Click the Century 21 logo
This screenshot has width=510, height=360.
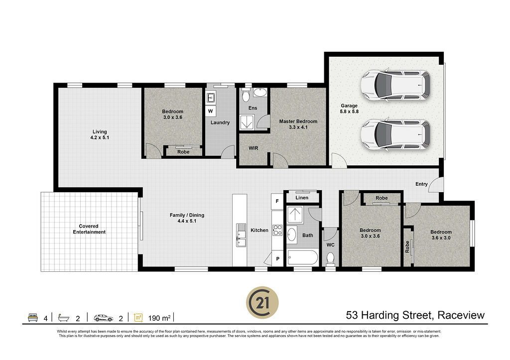(262, 303)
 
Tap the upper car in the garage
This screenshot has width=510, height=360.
(395, 85)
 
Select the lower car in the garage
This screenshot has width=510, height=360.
(395, 134)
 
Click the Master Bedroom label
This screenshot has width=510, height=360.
(298, 121)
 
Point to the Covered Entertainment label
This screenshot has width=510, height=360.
(89, 229)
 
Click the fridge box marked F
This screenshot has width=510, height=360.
(277, 201)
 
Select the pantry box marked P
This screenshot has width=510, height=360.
(277, 259)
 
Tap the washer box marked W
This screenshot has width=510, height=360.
(211, 111)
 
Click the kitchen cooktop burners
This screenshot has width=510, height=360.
(277, 230)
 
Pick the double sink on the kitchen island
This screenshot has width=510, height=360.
(241, 235)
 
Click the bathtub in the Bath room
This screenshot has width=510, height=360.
(302, 258)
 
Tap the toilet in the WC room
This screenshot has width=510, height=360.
(331, 258)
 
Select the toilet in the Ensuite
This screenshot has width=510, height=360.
(246, 95)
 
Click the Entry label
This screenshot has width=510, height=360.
(421, 184)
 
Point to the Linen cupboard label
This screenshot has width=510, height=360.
(302, 197)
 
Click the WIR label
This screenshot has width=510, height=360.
(254, 148)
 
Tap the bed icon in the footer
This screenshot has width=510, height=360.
(33, 317)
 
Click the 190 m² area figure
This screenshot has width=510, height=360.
(159, 318)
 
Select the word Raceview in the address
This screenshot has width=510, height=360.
(461, 315)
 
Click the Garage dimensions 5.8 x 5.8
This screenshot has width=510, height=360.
(349, 112)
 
